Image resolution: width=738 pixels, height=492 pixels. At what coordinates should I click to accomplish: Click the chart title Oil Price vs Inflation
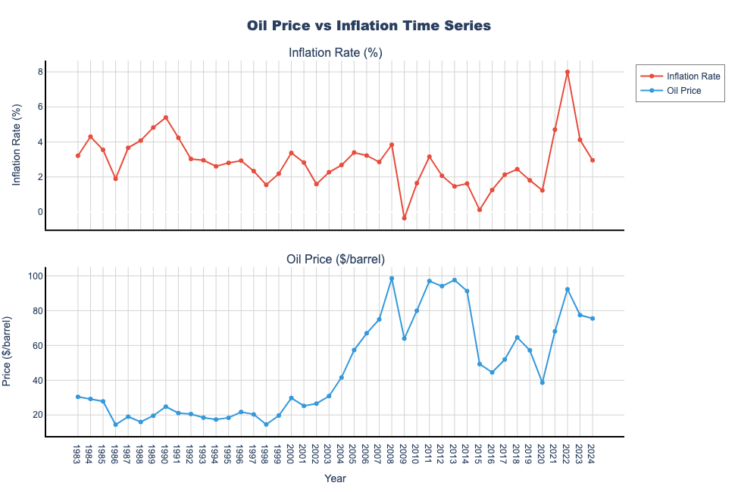[x=369, y=26]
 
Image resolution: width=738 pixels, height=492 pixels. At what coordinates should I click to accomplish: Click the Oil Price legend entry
[x=679, y=91]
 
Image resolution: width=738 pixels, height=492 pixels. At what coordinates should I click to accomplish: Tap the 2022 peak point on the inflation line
[x=568, y=72]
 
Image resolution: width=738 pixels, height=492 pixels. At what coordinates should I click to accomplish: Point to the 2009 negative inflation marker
[x=404, y=218]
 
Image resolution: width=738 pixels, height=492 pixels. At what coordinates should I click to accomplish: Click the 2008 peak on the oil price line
[x=392, y=279]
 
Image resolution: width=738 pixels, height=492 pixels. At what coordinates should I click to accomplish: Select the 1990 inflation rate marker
[x=166, y=117]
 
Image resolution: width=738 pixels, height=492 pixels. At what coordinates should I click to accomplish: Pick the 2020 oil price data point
[x=542, y=382]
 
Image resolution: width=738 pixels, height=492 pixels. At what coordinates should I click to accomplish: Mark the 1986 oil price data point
[x=115, y=425]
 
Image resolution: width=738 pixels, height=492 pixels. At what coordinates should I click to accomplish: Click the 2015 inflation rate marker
[x=480, y=210]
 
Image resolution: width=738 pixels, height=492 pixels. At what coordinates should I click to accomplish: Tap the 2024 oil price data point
[x=593, y=319]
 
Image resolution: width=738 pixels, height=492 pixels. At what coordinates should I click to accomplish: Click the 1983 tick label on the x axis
[x=77, y=456]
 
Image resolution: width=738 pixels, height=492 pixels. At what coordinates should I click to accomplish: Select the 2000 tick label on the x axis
[x=291, y=456]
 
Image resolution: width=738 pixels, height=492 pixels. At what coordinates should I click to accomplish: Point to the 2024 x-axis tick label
[x=593, y=456]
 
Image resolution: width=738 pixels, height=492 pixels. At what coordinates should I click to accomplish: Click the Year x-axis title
[x=335, y=478]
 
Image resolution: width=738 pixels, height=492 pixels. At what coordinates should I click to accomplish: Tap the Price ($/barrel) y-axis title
[x=8, y=352]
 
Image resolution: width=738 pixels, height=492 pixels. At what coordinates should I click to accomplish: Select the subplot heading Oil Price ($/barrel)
[x=335, y=259]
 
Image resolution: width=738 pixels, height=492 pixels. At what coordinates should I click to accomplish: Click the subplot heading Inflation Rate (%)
[x=335, y=52]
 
